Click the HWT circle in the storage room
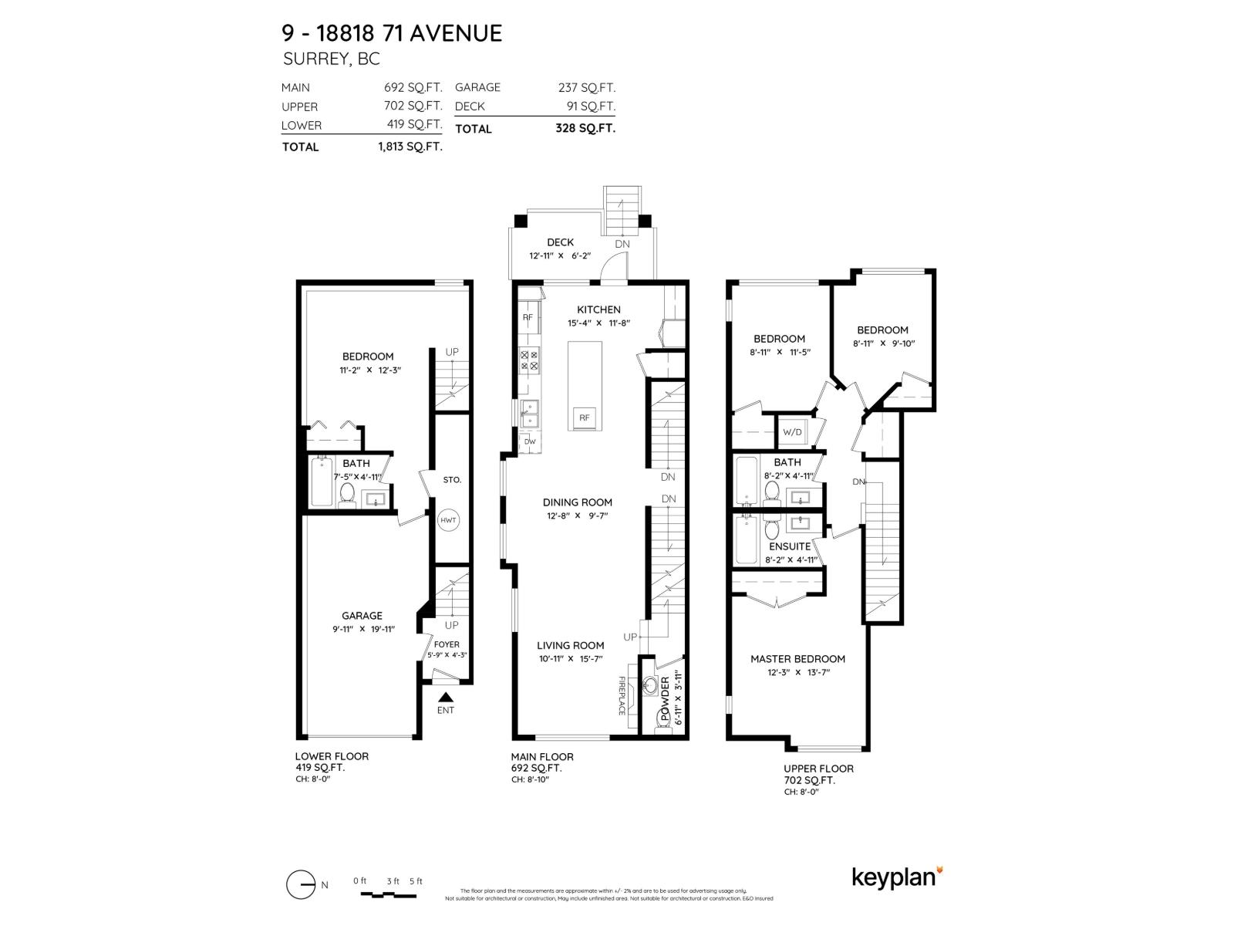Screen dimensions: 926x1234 (x=448, y=520)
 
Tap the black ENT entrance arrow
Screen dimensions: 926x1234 (x=445, y=697)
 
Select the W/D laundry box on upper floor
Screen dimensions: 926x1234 (x=792, y=432)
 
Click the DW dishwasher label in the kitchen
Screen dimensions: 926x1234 (x=530, y=442)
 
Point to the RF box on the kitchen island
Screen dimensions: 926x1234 (x=585, y=418)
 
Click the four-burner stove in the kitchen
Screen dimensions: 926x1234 (x=530, y=360)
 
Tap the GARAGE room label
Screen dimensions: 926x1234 (x=362, y=616)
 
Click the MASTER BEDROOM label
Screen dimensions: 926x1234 (x=797, y=659)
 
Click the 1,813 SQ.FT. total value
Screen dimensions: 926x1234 (x=410, y=147)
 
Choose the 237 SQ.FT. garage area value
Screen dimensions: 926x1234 (x=587, y=88)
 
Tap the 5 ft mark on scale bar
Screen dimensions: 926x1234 (x=416, y=881)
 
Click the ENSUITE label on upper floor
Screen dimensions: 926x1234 (x=789, y=546)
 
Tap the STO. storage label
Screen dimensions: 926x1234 (x=452, y=480)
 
